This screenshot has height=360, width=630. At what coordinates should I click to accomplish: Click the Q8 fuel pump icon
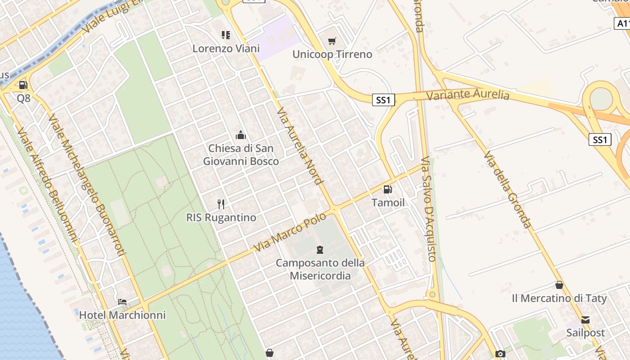pos(23,85)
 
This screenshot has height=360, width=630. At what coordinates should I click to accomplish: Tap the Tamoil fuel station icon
pos(387,189)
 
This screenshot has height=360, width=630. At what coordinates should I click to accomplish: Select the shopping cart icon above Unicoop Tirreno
pos(332,41)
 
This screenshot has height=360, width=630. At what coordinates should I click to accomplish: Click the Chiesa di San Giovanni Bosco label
pos(241,154)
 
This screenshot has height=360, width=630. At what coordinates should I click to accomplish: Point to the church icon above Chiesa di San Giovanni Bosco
pos(241,135)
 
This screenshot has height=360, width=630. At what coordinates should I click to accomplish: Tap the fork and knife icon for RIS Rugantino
pos(221,204)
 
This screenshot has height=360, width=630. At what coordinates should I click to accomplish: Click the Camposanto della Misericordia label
pos(320,269)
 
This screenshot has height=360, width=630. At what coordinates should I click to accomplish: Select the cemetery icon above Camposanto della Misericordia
pos(320,249)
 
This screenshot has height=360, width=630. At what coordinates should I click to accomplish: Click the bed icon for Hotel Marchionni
pos(122,301)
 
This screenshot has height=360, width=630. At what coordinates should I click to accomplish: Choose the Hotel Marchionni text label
pos(122,315)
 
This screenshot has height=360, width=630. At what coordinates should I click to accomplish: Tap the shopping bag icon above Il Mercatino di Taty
pos(559,285)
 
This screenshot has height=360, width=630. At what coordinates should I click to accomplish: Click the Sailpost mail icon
pos(585,319)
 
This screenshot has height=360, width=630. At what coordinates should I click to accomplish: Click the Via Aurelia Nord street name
pos(300,146)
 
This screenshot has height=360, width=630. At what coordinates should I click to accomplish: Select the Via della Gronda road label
pos(508,189)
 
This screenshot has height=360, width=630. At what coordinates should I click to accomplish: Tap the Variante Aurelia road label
pos(468,95)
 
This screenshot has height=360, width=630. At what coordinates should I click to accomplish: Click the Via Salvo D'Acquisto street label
pos(428,209)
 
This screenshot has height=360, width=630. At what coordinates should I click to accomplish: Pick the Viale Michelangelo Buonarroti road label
pos(86,185)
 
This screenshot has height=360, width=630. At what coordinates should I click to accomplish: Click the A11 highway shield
pos(622,23)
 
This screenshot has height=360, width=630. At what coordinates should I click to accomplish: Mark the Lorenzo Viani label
pos(226,48)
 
